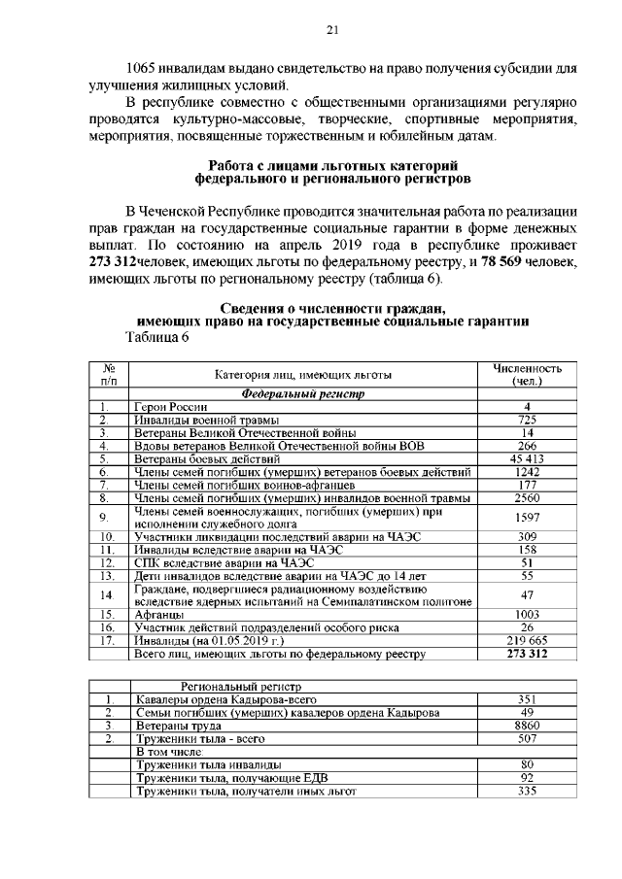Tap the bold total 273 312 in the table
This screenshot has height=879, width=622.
[527, 655]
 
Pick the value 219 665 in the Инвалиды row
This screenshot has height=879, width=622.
[526, 641]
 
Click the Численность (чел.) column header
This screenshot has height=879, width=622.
[527, 375]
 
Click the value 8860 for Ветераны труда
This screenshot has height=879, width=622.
[526, 726]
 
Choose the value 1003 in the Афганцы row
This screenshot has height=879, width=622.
[526, 615]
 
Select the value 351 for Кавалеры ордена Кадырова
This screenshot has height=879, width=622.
[526, 699]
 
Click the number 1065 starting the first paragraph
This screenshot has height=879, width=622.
[148, 70]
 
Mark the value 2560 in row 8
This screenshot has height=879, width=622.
[526, 497]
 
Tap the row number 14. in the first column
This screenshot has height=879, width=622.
[109, 594]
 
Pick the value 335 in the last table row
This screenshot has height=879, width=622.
[526, 792]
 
